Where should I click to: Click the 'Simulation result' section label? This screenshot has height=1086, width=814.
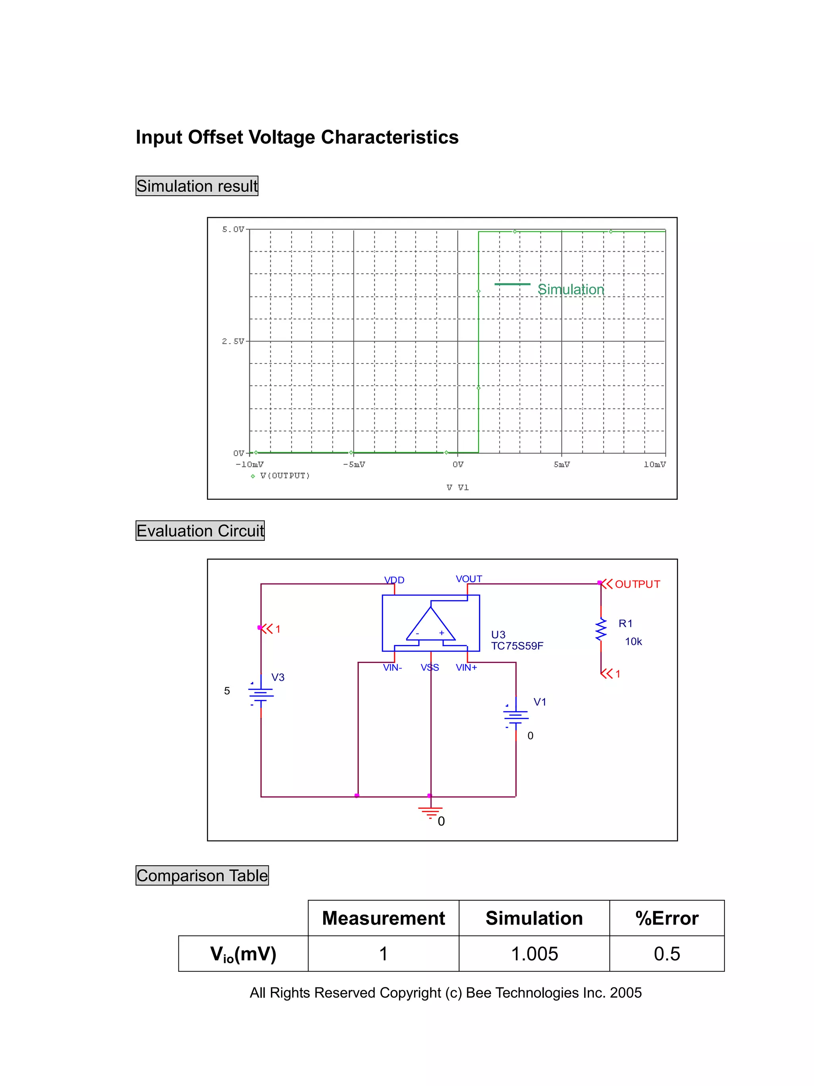pyautogui.click(x=197, y=186)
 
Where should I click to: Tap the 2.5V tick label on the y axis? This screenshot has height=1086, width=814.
pyautogui.click(x=233, y=341)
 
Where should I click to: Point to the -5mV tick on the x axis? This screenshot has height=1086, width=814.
pyautogui.click(x=354, y=464)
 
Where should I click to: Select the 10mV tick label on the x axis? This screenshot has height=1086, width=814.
pyautogui.click(x=655, y=464)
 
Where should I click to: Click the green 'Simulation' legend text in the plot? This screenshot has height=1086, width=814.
pyautogui.click(x=571, y=289)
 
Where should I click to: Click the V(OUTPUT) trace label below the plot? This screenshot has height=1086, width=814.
pyautogui.click(x=285, y=476)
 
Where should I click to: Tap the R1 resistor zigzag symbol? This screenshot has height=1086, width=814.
pyautogui.click(x=601, y=629)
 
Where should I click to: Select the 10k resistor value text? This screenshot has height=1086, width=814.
pyautogui.click(x=633, y=642)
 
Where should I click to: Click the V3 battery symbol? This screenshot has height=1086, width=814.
pyautogui.click(x=261, y=693)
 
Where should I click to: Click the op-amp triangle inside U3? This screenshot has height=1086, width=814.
pyautogui.click(x=430, y=626)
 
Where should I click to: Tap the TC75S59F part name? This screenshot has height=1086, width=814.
pyautogui.click(x=517, y=646)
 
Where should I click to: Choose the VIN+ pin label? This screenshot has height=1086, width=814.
pyautogui.click(x=466, y=668)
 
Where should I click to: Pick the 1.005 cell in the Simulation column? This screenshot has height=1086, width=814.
pyautogui.click(x=534, y=954)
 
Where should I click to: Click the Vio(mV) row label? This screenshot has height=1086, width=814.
pyautogui.click(x=243, y=954)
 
